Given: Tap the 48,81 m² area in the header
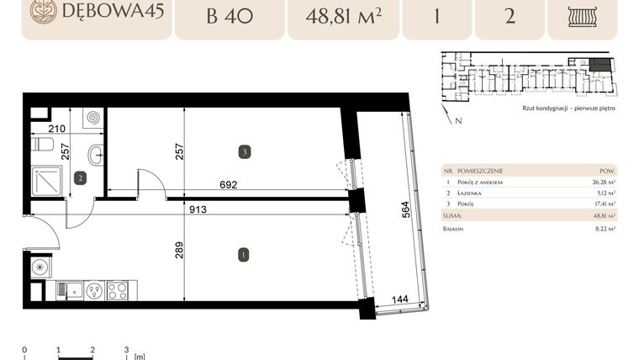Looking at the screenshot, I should tap(342, 16).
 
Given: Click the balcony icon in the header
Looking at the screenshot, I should tap(582, 17).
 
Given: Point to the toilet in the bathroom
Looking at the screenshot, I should tap(40, 145).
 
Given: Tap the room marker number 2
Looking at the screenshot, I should tap(80, 177).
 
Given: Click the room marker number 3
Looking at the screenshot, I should tap(243, 152).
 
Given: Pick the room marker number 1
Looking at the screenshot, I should tap(243, 254).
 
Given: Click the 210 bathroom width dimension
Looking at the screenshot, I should tap(57, 129).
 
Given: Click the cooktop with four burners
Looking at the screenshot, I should tap(117, 291).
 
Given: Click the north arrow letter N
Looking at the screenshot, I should tap(459, 121).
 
